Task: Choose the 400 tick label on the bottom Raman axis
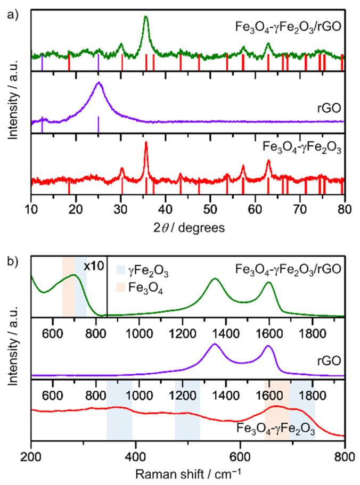(x=135, y=457)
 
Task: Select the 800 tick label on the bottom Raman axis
(x=345, y=457)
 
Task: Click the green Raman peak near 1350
(x=215, y=279)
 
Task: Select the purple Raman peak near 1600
(x=268, y=347)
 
